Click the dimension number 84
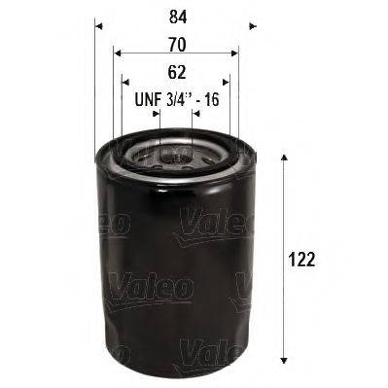(176, 17)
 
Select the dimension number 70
(176, 43)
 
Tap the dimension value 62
(176, 71)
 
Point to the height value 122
(303, 261)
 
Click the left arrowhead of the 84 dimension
(98, 26)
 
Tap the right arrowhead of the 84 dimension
(252, 26)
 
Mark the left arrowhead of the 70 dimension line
(117, 53)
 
